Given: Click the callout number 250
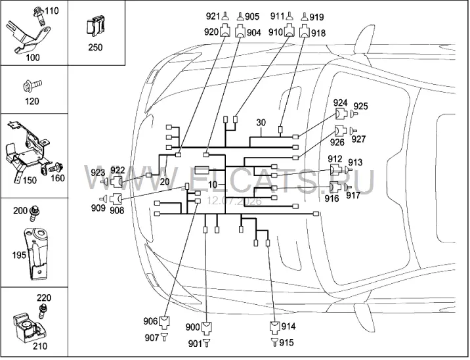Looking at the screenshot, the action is pos(95,47).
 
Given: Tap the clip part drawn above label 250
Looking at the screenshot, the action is pos(95,27).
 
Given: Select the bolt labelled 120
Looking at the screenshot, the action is pos(32,86).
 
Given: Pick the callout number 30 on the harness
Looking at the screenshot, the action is pos(261,123).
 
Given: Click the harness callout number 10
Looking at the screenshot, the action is pos(212,185).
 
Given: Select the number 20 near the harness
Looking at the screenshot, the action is pos(165,181).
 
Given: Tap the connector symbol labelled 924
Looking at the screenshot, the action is pos(340,114).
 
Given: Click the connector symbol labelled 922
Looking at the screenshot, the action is pos(116,181).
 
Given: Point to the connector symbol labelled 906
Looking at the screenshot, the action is pos(164,322).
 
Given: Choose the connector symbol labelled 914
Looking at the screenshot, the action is pos(274,327).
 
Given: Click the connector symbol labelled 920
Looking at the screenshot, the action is pos(225,31).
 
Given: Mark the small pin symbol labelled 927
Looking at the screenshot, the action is pos(353,131).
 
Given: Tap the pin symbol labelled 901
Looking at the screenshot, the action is pos(207,343).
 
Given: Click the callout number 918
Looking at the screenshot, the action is pos(318,33).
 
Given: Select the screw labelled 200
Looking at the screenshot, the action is pos(35,213).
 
